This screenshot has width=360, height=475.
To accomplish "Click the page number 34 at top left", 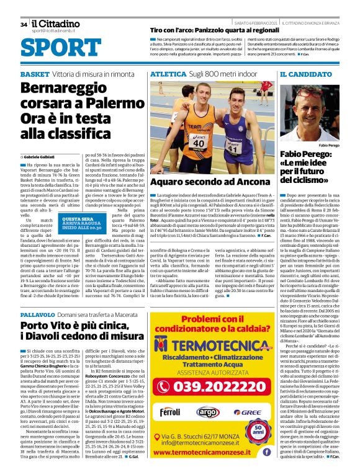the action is click(24, 25).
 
